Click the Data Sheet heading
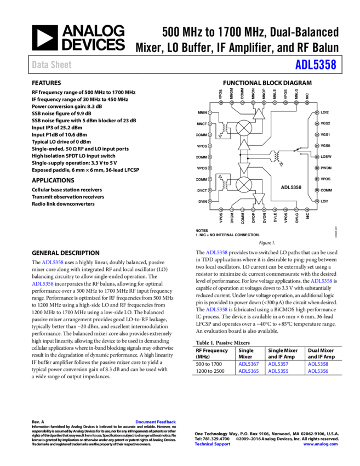(x=52, y=65)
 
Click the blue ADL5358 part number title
(x=316, y=65)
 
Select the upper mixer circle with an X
(x=244, y=128)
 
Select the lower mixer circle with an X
(x=244, y=185)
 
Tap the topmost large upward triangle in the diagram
(x=259, y=114)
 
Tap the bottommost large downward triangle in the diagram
(x=259, y=198)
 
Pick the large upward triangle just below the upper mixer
(x=244, y=145)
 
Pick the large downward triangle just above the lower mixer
(x=244, y=168)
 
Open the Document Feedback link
(x=156, y=422)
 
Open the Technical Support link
(x=213, y=444)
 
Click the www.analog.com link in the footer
(x=321, y=444)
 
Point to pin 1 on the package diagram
(x=210, y=112)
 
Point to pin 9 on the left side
(x=210, y=201)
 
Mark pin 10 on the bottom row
(x=221, y=209)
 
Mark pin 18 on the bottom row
(x=307, y=209)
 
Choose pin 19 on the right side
(x=317, y=201)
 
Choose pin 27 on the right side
(x=317, y=112)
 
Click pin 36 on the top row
(x=221, y=103)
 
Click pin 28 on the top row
(x=307, y=103)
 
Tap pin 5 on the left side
(x=210, y=157)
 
